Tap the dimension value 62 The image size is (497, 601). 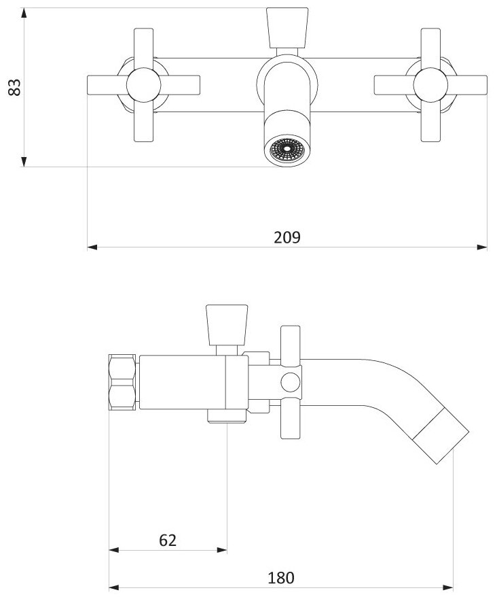[x=168, y=540]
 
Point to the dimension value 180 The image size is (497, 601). [x=280, y=579]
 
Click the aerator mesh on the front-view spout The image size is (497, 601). [x=286, y=150]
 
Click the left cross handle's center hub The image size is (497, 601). [x=143, y=86]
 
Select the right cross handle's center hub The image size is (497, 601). [x=430, y=86]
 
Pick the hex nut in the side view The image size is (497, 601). [x=124, y=383]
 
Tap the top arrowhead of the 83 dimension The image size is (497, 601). [x=24, y=13]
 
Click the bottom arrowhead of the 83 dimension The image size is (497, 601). [x=24, y=162]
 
